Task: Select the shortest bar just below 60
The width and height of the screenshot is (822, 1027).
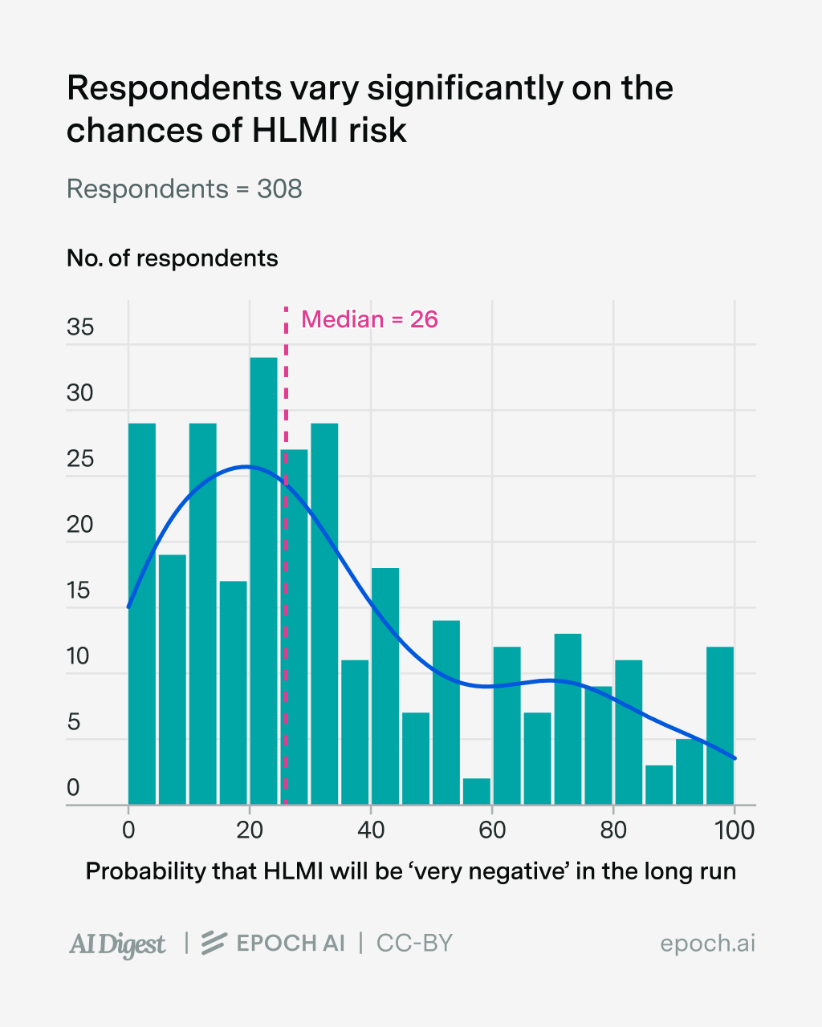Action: pos(476,791)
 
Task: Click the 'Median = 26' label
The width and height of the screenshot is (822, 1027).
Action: pos(369,319)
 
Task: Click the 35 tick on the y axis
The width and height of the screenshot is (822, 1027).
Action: pos(80,327)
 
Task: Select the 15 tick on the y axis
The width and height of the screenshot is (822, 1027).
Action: pos(80,591)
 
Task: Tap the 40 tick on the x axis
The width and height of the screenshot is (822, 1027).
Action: pos(370,830)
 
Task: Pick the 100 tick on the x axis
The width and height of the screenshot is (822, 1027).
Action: pos(734,830)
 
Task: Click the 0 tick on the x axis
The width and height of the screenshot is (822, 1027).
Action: pos(128,830)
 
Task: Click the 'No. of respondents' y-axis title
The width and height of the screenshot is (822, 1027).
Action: pos(172,258)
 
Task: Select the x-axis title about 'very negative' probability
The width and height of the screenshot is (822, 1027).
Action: pos(410,871)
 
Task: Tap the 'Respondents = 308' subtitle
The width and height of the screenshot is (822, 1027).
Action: pos(184,189)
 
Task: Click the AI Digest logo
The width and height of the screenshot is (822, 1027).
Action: pos(117,944)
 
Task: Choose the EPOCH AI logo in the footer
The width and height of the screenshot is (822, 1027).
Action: pos(273,943)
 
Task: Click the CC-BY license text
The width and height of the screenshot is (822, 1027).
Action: pos(414,943)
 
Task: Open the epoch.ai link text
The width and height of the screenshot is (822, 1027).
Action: pos(707,944)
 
